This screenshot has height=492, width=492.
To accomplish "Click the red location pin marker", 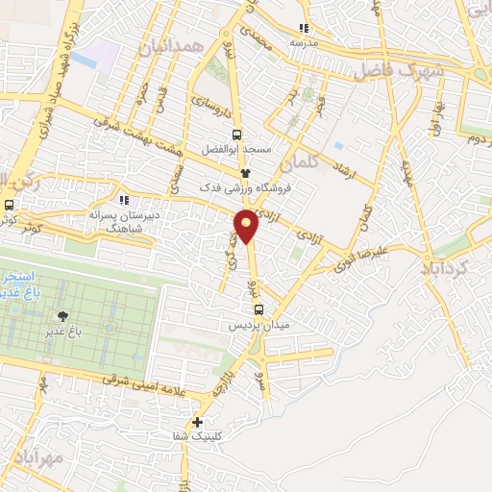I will click(246, 226).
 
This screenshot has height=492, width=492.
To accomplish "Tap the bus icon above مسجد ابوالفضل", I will click(237, 135).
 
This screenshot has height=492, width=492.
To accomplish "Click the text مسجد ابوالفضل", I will click(236, 152).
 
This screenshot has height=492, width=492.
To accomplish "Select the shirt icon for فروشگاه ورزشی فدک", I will click(245, 173).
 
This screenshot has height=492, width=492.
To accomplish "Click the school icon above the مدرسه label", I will click(305, 28).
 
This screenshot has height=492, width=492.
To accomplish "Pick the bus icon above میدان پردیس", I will click(258, 309).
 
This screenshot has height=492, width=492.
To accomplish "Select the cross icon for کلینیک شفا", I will click(197, 421).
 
